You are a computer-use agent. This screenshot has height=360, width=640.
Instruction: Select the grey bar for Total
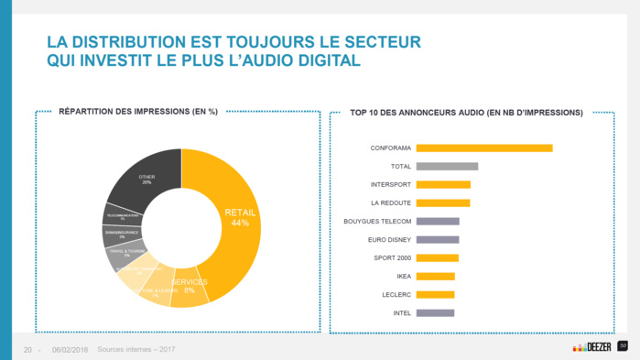point(448,166)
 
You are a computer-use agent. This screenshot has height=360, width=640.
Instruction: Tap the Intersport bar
point(443,184)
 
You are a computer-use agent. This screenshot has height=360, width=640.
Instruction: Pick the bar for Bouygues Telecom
point(438,221)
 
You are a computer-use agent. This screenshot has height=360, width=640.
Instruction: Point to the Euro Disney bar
point(438,239)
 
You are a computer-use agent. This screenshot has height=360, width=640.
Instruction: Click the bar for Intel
point(435,312)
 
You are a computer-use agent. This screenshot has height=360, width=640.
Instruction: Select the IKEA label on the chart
point(404,276)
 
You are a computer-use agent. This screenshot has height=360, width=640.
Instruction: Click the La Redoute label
point(391,202)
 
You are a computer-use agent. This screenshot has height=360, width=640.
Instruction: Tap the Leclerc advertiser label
point(396,294)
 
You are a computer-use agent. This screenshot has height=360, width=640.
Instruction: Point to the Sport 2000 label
point(394,257)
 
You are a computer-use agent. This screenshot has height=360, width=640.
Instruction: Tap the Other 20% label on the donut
point(146,179)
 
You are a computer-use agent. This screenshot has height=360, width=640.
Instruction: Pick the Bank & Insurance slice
point(121,235)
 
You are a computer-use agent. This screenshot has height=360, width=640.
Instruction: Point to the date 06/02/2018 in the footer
point(70,349)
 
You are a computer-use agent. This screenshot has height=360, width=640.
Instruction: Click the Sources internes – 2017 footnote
point(136,349)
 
